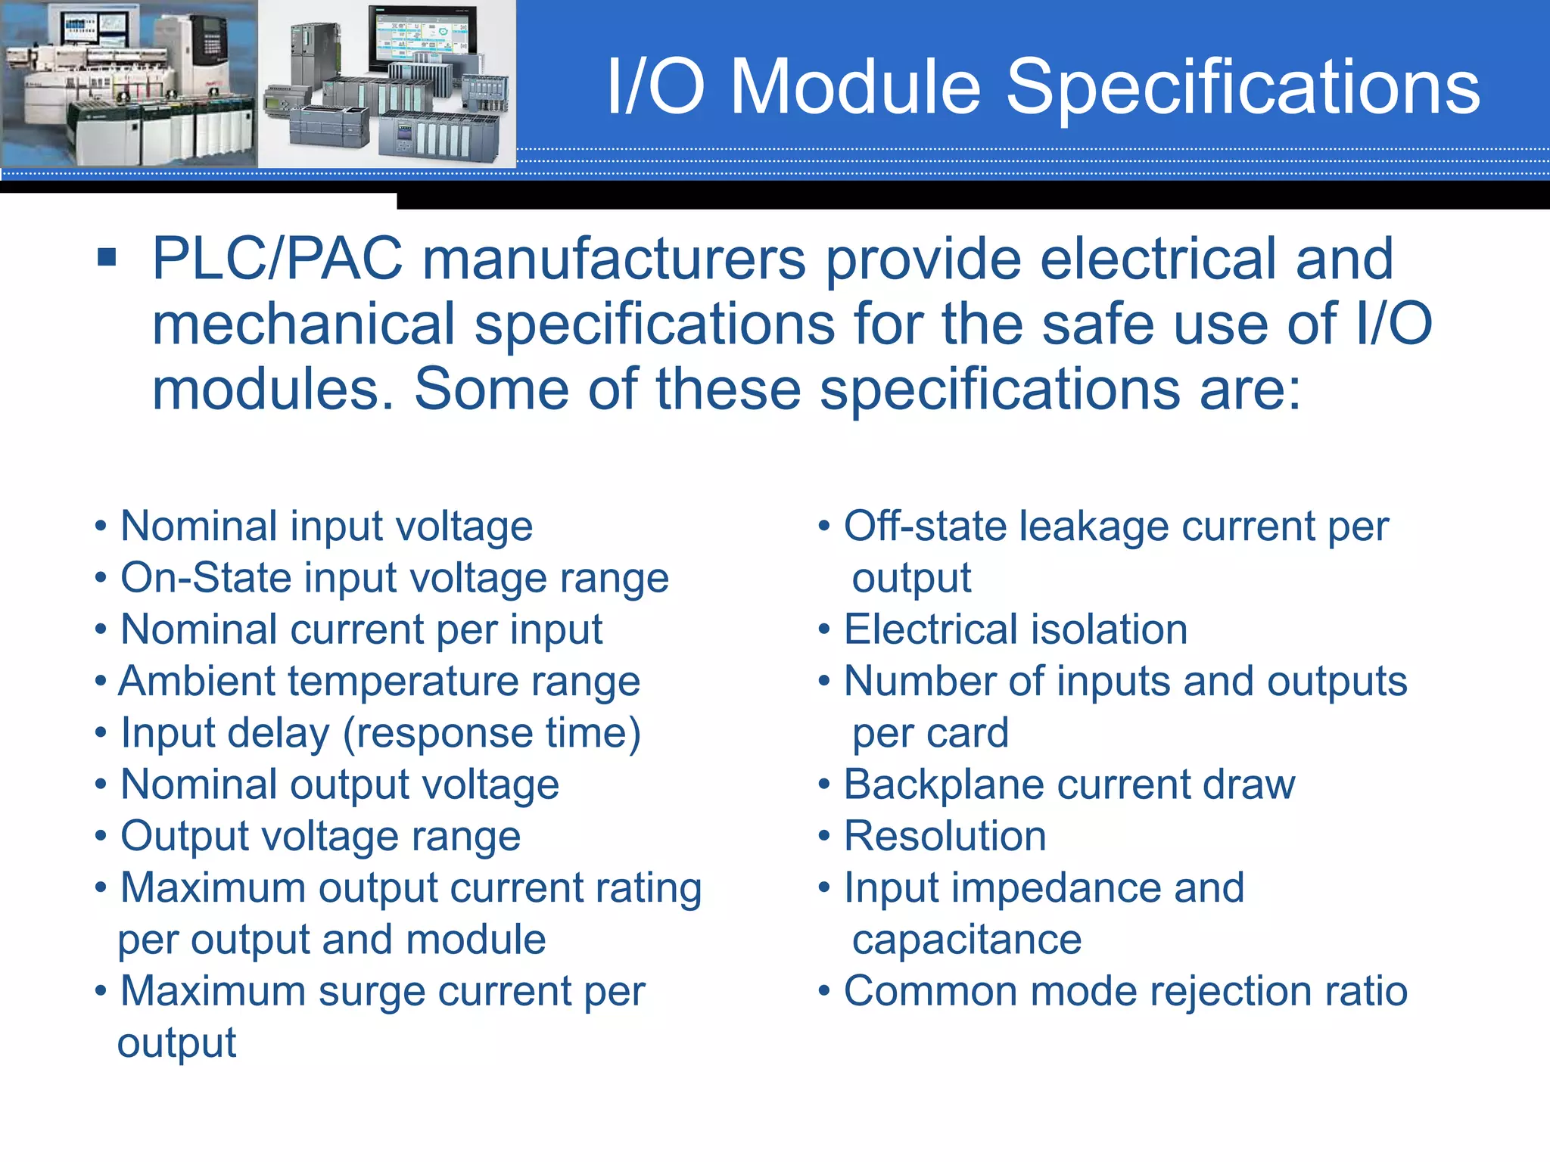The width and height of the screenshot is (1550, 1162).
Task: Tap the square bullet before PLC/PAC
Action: (x=107, y=257)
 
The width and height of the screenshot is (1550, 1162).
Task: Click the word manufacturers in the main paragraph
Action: (x=613, y=259)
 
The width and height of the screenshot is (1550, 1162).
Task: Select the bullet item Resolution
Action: (x=945, y=836)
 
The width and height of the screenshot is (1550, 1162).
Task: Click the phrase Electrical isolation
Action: (x=1015, y=629)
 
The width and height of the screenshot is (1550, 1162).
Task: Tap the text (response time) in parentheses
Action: (x=492, y=733)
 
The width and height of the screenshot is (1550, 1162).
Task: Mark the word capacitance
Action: (x=966, y=940)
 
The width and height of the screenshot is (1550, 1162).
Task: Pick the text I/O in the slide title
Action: (x=655, y=88)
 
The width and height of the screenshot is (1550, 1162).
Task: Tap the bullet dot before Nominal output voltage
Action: (x=101, y=785)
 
